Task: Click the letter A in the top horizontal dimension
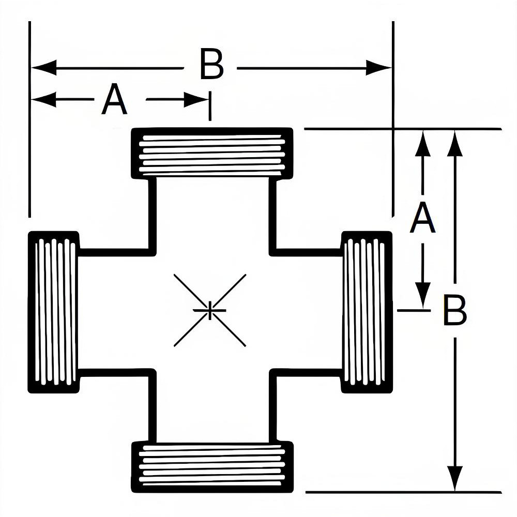pyautogui.click(x=114, y=100)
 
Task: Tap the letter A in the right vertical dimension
pyautogui.click(x=422, y=219)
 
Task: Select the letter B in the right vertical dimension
pyautogui.click(x=455, y=311)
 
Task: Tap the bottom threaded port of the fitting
pyautogui.click(x=212, y=467)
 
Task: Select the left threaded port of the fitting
pyautogui.click(x=54, y=312)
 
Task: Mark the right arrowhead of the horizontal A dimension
pyautogui.click(x=196, y=99)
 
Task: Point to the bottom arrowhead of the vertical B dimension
pyautogui.click(x=454, y=479)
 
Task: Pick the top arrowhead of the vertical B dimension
pyautogui.click(x=454, y=142)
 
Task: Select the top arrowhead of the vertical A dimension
pyautogui.click(x=423, y=142)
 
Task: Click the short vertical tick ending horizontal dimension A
pyautogui.click(x=210, y=106)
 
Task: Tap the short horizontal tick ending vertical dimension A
pyautogui.click(x=413, y=310)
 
